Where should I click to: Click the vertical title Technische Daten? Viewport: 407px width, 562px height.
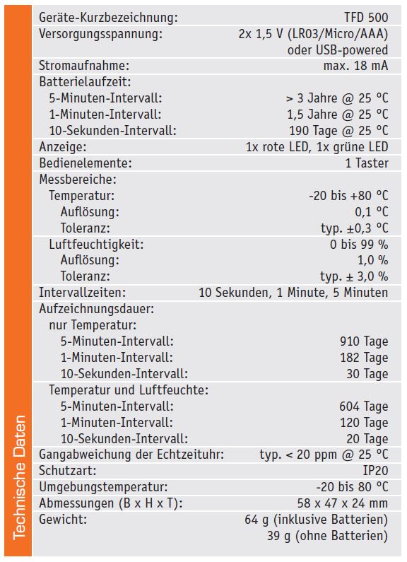[19, 477]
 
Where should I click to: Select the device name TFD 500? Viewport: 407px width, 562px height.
[366, 17]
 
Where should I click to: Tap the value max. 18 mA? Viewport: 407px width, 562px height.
[355, 66]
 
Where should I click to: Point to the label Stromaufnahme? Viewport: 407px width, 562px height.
[84, 66]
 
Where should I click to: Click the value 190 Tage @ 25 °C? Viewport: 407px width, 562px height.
[338, 131]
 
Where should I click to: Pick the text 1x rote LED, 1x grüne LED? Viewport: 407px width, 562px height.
[317, 146]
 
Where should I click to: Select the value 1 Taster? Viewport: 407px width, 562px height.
[367, 163]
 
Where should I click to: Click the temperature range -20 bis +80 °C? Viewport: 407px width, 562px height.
[348, 196]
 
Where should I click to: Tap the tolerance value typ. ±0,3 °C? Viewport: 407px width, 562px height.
[354, 228]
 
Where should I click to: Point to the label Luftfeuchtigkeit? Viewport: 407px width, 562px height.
[96, 245]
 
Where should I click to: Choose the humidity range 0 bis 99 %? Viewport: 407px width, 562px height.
[359, 245]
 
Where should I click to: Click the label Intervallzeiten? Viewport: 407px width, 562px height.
[83, 293]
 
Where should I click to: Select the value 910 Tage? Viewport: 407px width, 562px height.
[364, 341]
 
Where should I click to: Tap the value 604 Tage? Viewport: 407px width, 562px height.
[364, 406]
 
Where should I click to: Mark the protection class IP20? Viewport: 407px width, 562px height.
[375, 471]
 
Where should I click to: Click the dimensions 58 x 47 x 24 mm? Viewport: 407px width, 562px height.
[343, 503]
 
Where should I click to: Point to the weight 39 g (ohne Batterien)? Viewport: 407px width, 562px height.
[327, 536]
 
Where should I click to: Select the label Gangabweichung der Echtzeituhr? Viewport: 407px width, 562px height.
[131, 455]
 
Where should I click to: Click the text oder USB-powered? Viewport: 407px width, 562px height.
[338, 49]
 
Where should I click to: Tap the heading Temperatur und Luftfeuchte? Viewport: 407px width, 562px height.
[129, 390]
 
